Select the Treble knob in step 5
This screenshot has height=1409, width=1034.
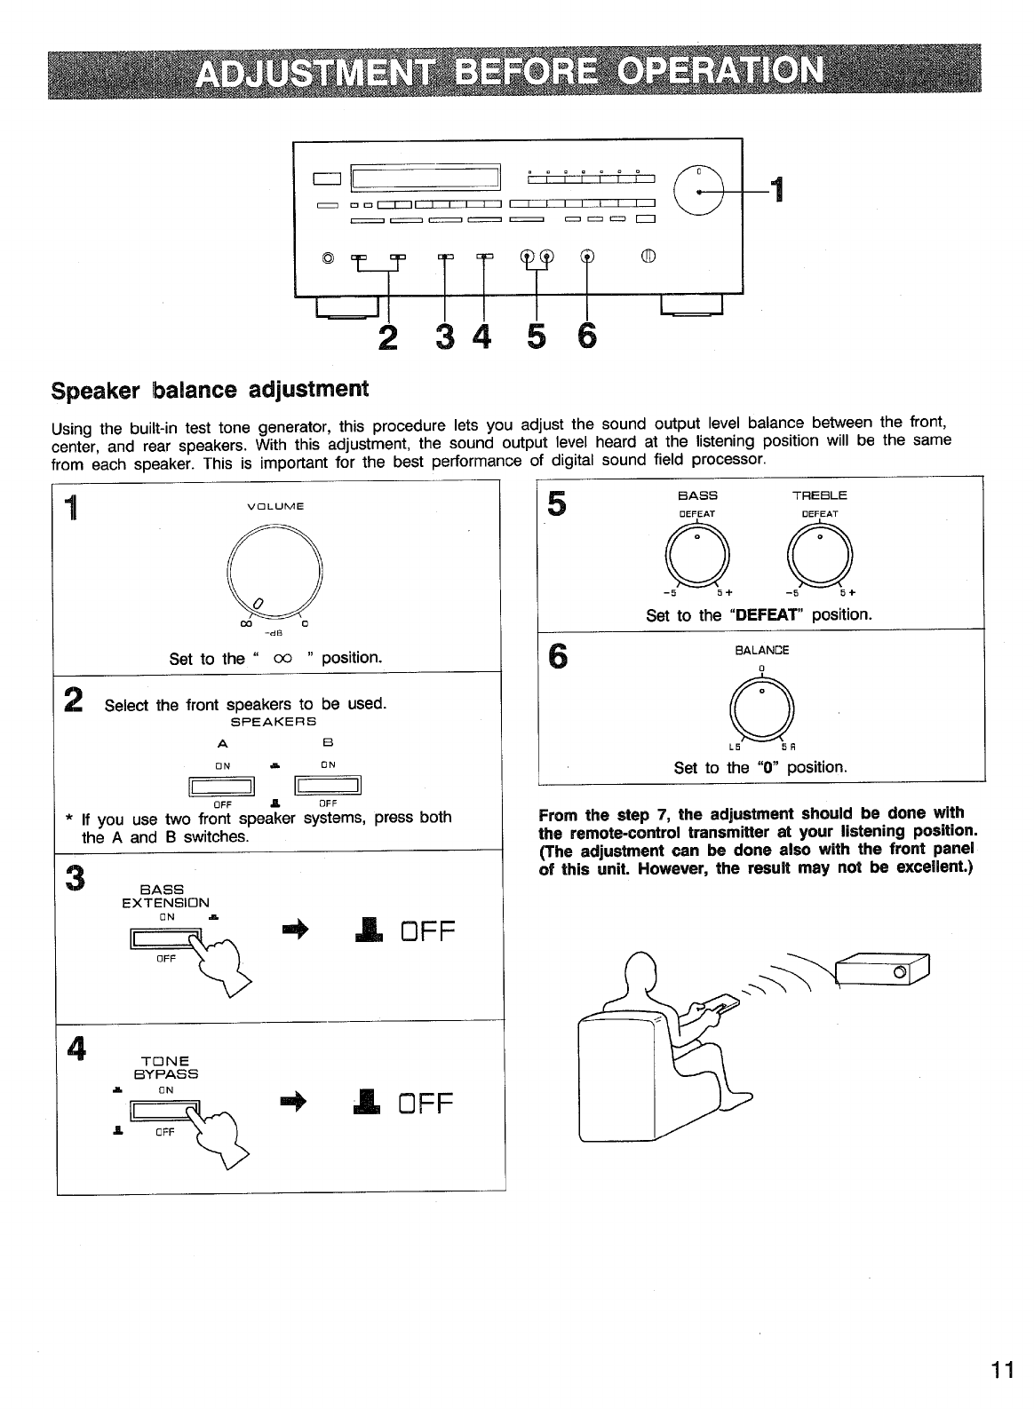821,557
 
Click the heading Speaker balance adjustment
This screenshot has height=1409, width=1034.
210,389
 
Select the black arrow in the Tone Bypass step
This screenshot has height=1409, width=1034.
293,1102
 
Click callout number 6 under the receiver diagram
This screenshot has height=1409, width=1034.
586,336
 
